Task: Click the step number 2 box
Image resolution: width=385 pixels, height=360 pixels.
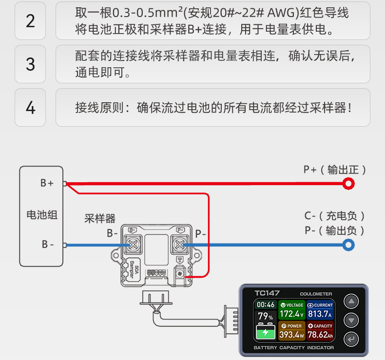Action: tap(30, 21)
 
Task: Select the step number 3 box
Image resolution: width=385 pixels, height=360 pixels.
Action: tap(30, 64)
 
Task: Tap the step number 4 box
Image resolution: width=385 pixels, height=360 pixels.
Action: tap(30, 107)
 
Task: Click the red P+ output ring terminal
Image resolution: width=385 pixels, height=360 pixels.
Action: tap(348, 184)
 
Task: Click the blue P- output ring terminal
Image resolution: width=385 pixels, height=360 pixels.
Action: tap(348, 245)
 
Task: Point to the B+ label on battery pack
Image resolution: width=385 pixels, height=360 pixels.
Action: tap(47, 183)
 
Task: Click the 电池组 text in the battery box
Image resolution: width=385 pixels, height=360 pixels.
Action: tap(41, 214)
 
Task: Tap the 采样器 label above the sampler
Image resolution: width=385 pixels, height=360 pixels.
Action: tap(100, 219)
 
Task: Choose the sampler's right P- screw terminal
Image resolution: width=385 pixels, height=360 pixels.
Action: tap(180, 244)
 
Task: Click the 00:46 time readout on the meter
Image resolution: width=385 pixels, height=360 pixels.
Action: tap(266, 305)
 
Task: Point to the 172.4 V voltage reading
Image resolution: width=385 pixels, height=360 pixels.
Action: tap(291, 314)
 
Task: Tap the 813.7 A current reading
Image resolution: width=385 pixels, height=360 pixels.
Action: tap(320, 314)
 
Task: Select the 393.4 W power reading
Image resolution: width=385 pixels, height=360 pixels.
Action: tap(291, 335)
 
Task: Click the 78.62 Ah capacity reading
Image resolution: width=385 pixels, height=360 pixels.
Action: tap(320, 335)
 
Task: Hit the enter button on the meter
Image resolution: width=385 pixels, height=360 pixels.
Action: tap(351, 339)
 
